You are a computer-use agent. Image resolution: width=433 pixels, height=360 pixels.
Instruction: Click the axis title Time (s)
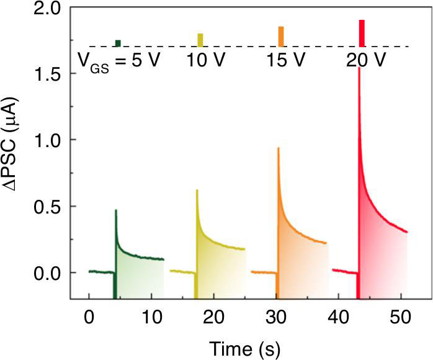coord(245,348)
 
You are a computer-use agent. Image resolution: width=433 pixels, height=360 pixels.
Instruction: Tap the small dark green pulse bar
coord(118,43)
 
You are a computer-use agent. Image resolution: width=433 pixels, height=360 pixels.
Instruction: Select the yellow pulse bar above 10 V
coord(200,40)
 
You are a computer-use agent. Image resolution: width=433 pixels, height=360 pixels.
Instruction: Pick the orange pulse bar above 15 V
coord(280,37)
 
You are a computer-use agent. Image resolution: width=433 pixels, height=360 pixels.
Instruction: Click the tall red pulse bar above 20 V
coord(362,33)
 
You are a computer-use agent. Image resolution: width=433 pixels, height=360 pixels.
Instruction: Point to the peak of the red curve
coord(359,68)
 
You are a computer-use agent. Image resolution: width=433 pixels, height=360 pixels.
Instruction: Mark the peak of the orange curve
coord(279,148)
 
